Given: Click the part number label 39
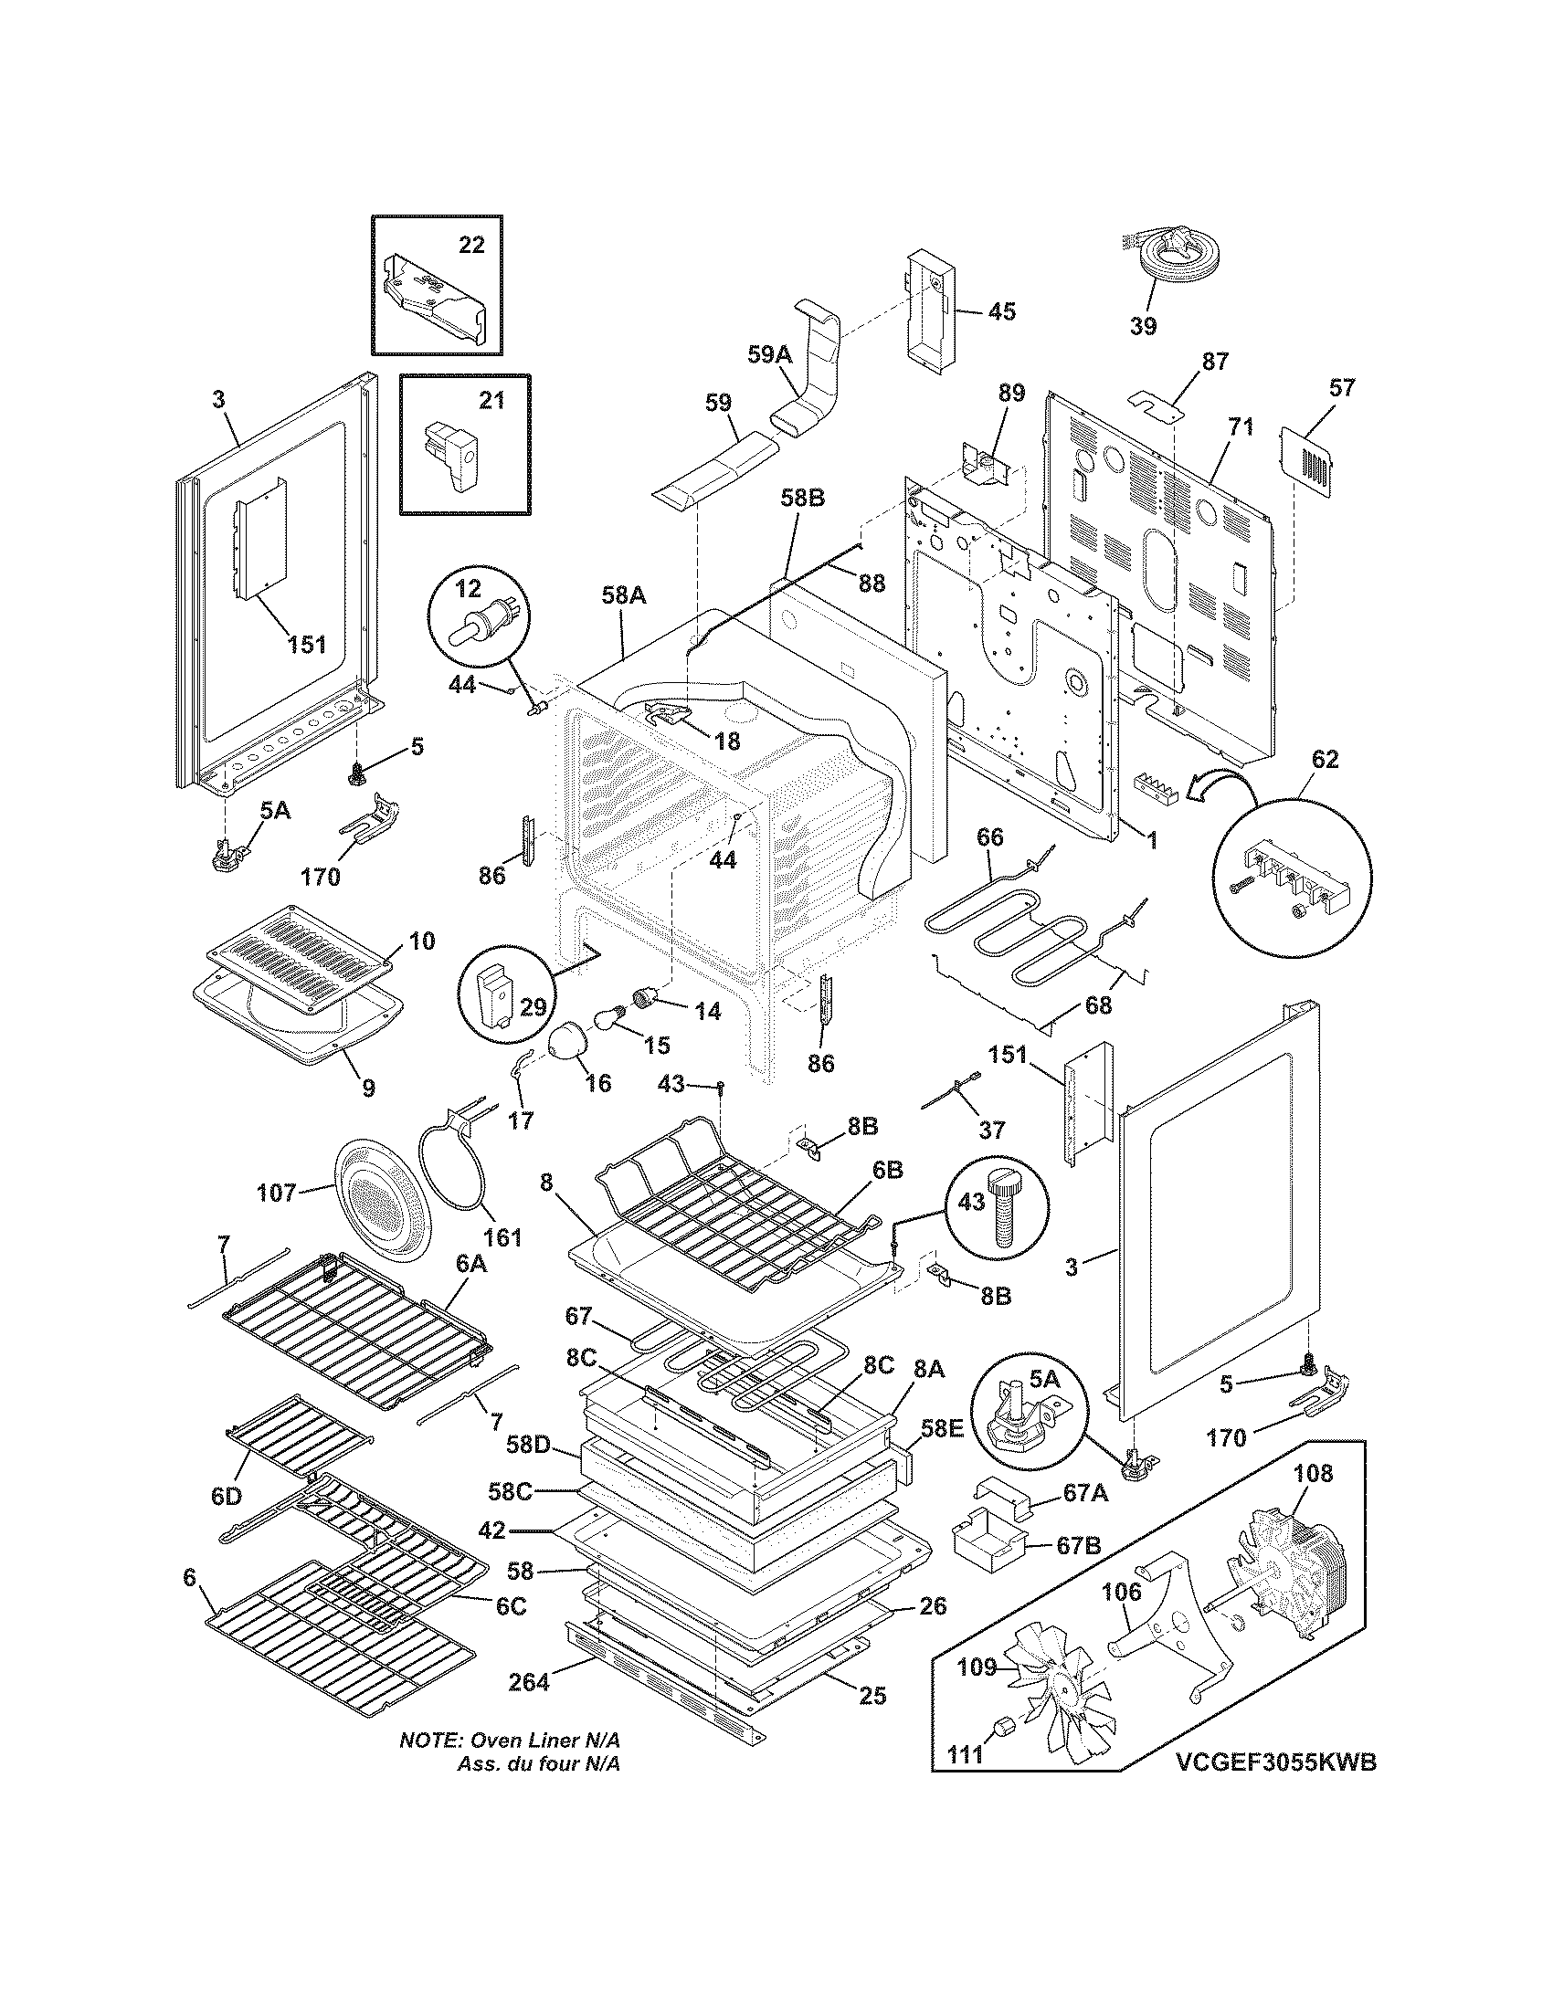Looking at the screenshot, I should pos(1143,326).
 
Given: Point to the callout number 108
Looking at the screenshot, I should pos(1312,1474).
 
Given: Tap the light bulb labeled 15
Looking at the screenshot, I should pos(609,1018).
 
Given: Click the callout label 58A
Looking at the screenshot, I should pos(624,596).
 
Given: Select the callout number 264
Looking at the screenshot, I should pos(529,1681).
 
